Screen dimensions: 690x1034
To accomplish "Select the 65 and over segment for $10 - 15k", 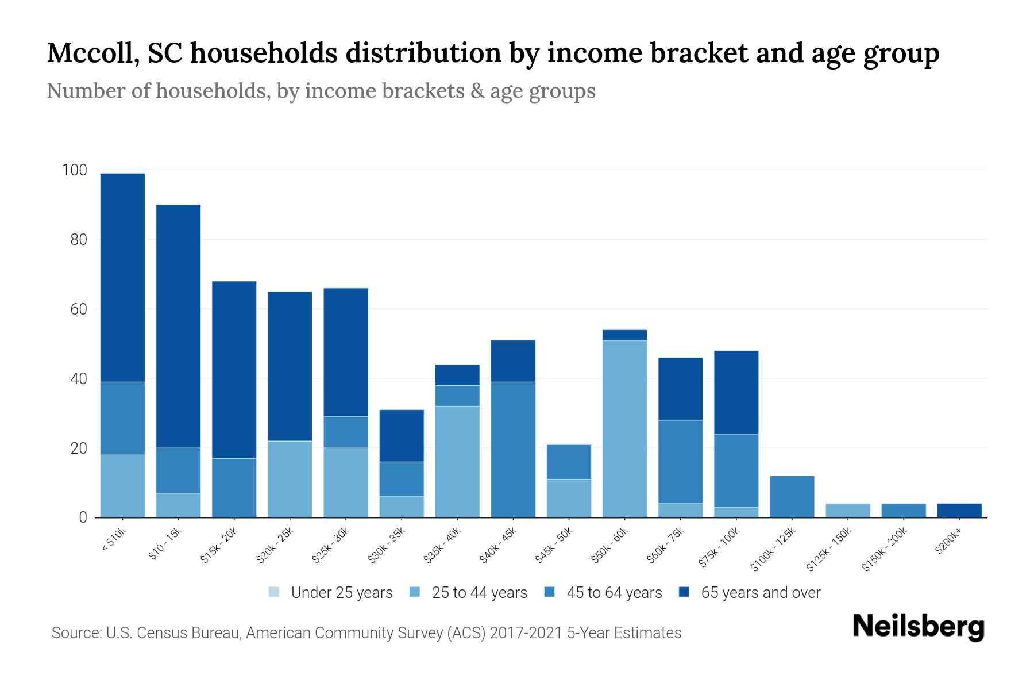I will pyautogui.click(x=178, y=325).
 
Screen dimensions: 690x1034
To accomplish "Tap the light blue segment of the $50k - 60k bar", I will pyautogui.click(x=624, y=428).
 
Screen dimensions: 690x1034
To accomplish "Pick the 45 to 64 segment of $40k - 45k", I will pyautogui.click(x=513, y=449).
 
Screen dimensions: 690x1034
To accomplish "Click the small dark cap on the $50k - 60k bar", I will pyautogui.click(x=624, y=335).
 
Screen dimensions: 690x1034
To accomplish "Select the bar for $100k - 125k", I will pyautogui.click(x=792, y=496).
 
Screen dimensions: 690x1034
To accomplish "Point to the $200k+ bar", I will pyautogui.click(x=959, y=511).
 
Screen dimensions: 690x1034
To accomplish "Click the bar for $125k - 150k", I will pyautogui.click(x=847, y=511).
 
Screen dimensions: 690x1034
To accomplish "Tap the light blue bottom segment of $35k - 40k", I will pyautogui.click(x=457, y=461).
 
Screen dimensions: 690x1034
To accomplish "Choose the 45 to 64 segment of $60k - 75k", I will pyautogui.click(x=680, y=461).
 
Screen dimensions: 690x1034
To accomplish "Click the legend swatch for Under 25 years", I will pyautogui.click(x=274, y=592).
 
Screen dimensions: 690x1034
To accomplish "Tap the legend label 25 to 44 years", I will pyautogui.click(x=479, y=592).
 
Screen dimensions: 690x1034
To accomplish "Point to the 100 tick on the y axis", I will pyautogui.click(x=75, y=170).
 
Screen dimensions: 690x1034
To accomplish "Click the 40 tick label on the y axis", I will pyautogui.click(x=79, y=379).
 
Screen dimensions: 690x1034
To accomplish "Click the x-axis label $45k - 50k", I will pyautogui.click(x=554, y=546).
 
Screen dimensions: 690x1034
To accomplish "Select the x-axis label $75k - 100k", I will pyautogui.click(x=720, y=549).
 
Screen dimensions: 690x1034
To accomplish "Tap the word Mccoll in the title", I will pyautogui.click(x=91, y=53).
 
